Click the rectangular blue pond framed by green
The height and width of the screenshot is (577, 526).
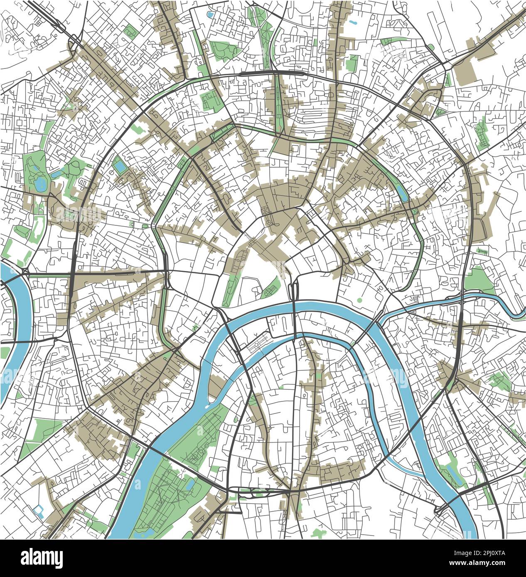click(x=120, y=166)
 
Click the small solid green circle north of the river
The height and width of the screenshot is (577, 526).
click(x=359, y=300)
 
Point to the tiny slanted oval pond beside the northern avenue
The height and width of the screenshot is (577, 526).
click(x=353, y=22)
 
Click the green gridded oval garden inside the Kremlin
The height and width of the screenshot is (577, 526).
click(x=272, y=287)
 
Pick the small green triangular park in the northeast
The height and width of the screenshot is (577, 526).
click(x=440, y=111)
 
